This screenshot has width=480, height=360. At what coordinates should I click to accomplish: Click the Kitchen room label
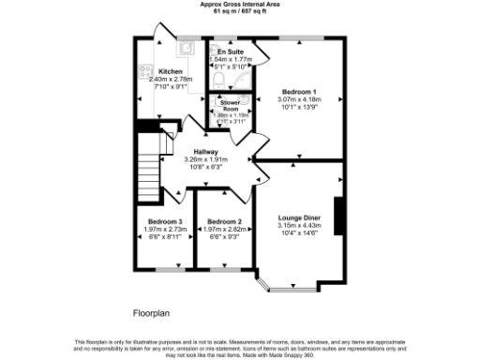[x=170, y=72]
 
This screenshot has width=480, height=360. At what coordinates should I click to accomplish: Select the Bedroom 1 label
[x=299, y=92]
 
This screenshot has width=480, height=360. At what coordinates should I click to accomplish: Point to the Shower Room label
[x=230, y=105]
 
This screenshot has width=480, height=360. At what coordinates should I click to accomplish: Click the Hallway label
[x=206, y=152]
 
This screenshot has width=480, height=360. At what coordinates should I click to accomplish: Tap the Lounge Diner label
[x=299, y=217]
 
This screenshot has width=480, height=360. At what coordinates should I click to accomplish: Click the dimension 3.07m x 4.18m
[x=299, y=99]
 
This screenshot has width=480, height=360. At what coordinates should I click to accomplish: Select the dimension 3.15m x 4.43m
[x=299, y=225]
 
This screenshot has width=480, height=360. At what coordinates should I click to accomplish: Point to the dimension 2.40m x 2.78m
[x=170, y=80]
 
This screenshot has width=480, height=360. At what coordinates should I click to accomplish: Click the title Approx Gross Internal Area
[x=240, y=4]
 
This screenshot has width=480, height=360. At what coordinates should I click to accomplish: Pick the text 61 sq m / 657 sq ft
[x=240, y=10]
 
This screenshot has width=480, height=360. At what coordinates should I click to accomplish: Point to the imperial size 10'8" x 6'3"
[x=206, y=167]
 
